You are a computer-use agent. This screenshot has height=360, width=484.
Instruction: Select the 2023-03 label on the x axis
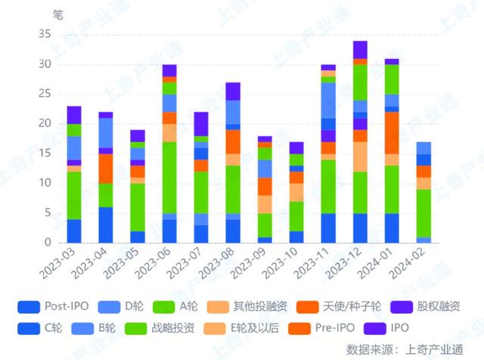tap(61, 265)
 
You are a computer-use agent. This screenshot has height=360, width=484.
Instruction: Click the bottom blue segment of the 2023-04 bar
tap(106, 225)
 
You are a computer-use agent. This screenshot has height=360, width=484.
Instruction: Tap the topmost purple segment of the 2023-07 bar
tap(201, 123)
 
